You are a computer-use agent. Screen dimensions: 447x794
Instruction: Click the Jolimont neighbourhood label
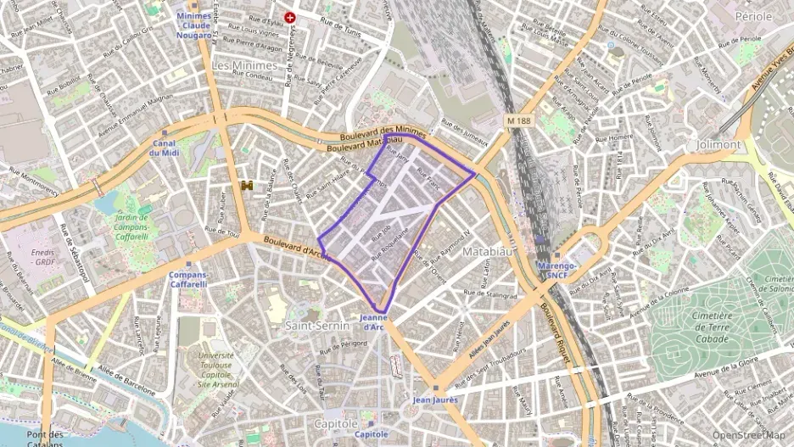coord(718,144)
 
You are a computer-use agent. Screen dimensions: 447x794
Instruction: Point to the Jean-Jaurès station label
coord(435,399)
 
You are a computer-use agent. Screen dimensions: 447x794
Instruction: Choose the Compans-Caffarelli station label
coord(188,279)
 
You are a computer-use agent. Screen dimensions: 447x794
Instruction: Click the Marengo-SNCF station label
coord(557,270)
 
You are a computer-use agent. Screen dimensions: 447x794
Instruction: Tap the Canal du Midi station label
coord(165,148)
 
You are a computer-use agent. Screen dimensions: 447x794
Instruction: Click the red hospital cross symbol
coord(291,16)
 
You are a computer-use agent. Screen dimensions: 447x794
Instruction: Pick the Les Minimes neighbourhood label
coord(244,65)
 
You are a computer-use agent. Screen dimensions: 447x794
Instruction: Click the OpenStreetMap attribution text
coord(747,435)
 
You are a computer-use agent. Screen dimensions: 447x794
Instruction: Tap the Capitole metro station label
coord(372,433)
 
